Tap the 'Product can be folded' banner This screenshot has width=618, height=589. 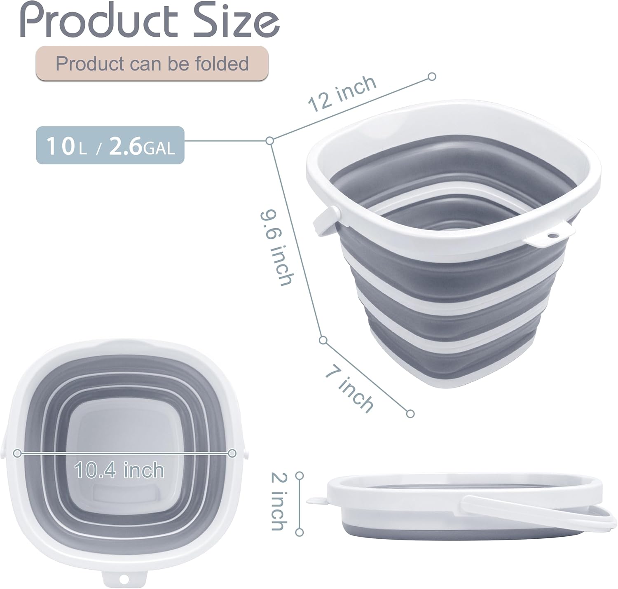[x=152, y=63]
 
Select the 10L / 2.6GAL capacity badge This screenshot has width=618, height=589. [x=110, y=145]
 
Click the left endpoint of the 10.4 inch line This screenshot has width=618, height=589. [x=17, y=453]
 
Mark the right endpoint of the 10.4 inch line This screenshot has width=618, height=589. [x=232, y=453]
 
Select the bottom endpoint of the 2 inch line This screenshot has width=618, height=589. [x=300, y=532]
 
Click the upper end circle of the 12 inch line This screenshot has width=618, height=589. [x=432, y=76]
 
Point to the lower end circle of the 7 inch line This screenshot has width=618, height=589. [x=410, y=414]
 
